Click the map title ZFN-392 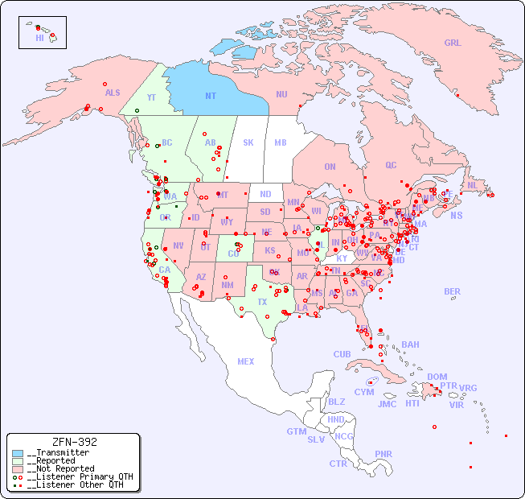tap(74, 442)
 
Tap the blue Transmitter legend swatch tap(18, 453)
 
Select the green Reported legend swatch tap(18, 460)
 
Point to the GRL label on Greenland tap(453, 43)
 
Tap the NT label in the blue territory tap(211, 96)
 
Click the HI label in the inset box tap(39, 38)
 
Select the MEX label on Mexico tap(245, 362)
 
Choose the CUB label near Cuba tap(342, 354)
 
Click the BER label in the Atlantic tap(452, 291)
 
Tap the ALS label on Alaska tap(113, 93)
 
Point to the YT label tap(150, 97)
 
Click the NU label tap(281, 95)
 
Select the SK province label tap(248, 143)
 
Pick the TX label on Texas tap(262, 303)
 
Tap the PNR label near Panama tap(383, 454)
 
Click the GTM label tap(296, 431)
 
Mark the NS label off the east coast tap(456, 216)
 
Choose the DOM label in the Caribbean tap(437, 377)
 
